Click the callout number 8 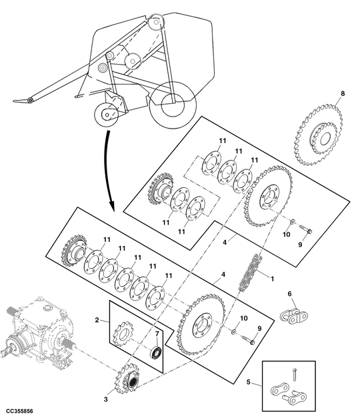click(x=343, y=95)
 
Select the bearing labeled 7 click(x=157, y=351)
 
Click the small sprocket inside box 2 click(x=124, y=335)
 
